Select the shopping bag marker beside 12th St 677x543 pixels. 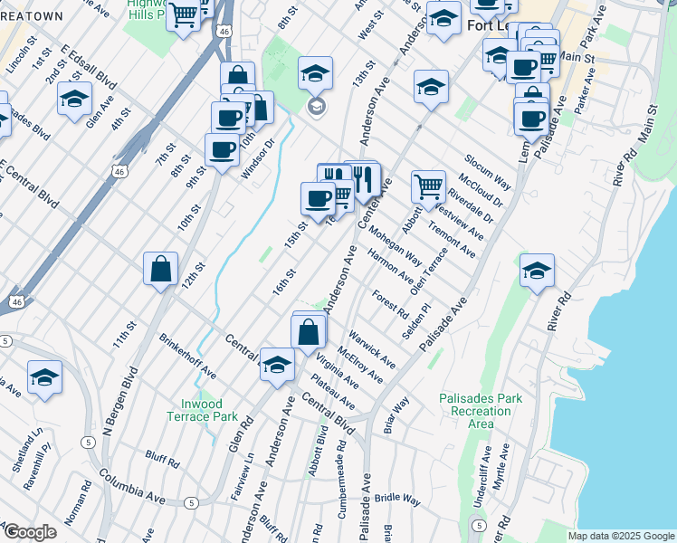[x=160, y=269]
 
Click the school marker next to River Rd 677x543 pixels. [x=537, y=271]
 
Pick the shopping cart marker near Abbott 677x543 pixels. [x=428, y=187]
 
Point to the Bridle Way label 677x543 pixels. [x=398, y=499]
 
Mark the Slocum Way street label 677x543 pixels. [x=490, y=171]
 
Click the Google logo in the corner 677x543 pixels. [x=30, y=532]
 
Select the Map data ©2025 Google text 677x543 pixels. [x=620, y=536]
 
